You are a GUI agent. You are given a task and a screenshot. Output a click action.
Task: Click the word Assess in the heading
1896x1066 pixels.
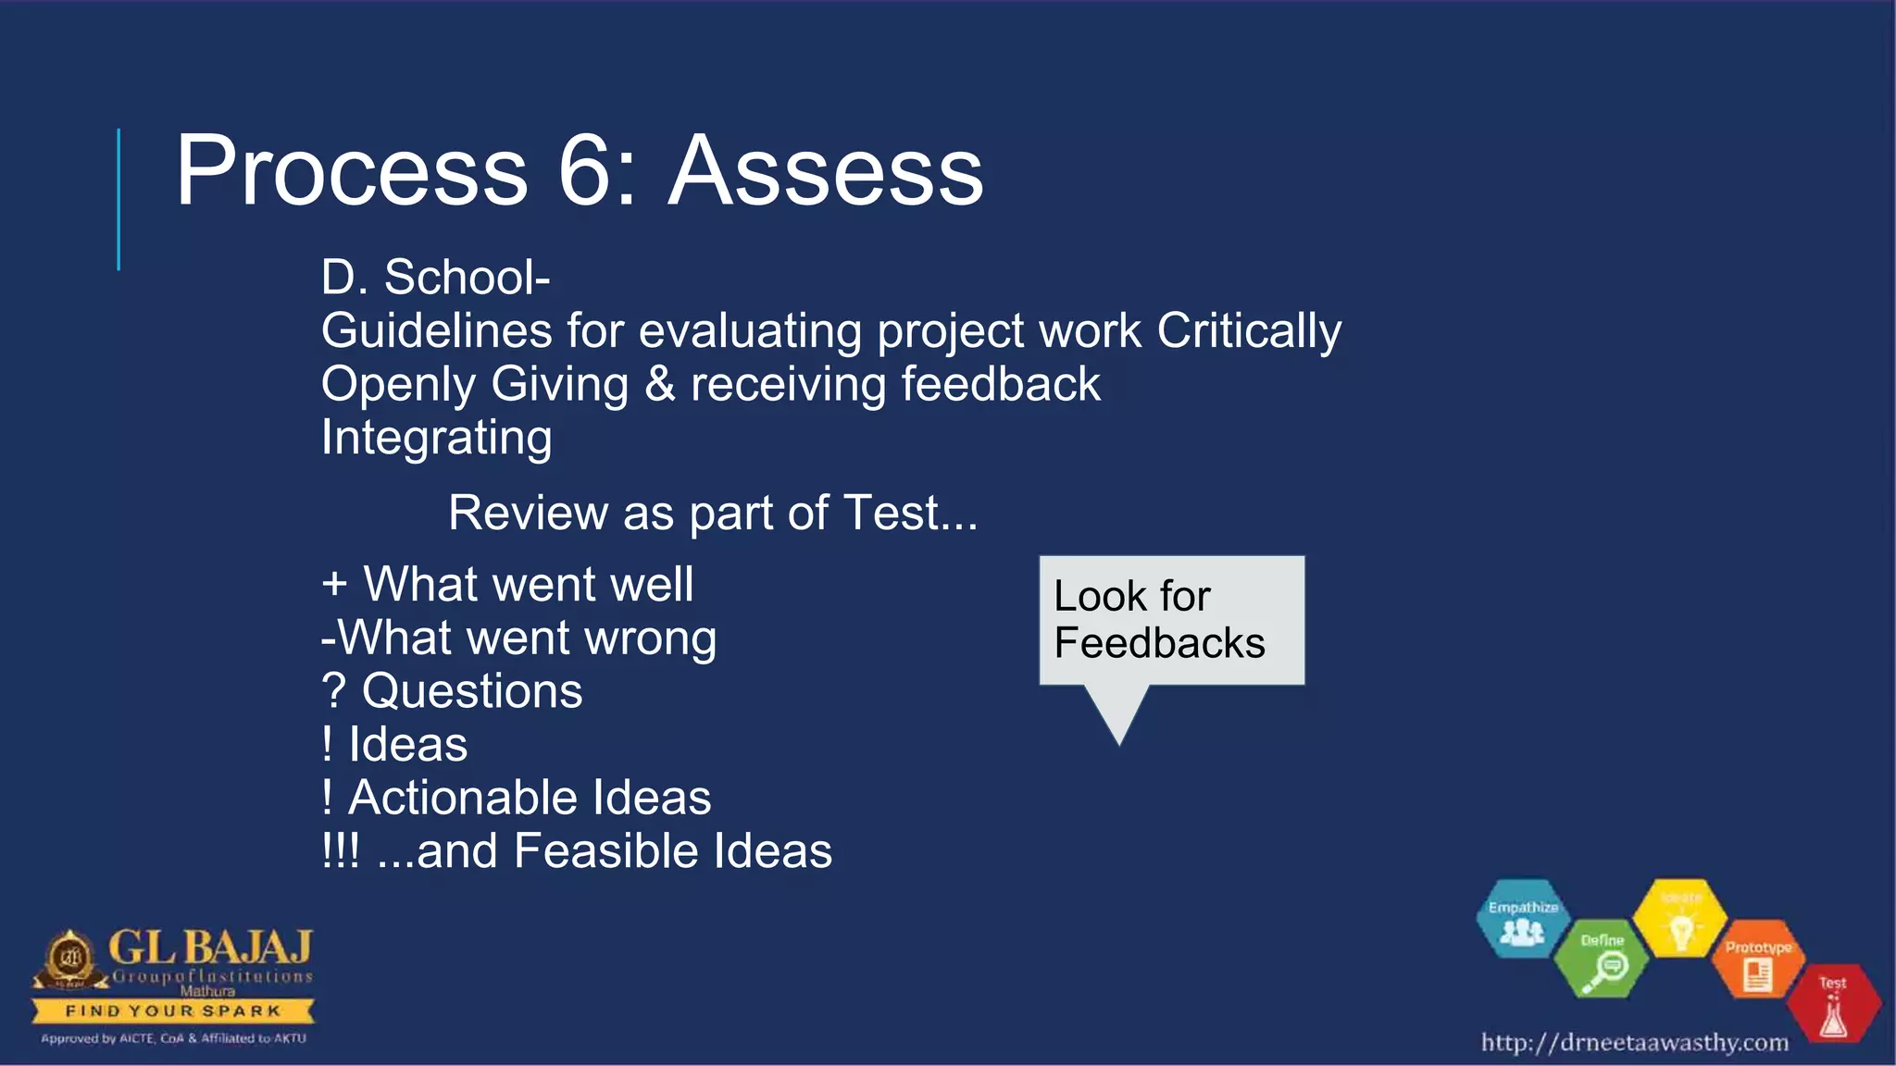point(826,171)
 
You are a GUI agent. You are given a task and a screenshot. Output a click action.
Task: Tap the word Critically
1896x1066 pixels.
point(1249,331)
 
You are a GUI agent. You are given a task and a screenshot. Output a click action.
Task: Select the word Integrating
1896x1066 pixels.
point(436,438)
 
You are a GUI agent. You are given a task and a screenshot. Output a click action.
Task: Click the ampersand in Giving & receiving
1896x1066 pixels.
point(659,384)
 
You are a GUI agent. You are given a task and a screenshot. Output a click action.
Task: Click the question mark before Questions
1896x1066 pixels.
point(333,691)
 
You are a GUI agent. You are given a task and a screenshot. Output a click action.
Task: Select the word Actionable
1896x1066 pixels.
point(463,798)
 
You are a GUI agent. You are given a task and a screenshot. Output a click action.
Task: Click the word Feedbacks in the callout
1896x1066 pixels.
point(1159,643)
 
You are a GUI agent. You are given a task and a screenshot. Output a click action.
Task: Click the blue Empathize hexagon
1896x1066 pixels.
point(1522,919)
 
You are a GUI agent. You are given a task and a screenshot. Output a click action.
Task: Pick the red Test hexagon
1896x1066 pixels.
point(1832,1004)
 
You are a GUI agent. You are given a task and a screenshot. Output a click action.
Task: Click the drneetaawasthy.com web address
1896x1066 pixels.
point(1634,1043)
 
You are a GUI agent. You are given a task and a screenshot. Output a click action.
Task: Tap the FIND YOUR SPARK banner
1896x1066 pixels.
point(172,1010)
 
